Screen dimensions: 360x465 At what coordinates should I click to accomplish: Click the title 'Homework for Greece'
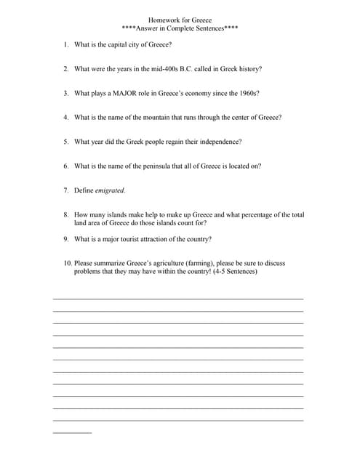[180, 20]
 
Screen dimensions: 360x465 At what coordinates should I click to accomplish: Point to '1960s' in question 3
[249, 93]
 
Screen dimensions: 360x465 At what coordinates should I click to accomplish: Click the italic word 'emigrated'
[110, 190]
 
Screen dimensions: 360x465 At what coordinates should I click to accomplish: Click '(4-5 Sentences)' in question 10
[233, 272]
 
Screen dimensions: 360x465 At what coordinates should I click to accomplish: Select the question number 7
[65, 190]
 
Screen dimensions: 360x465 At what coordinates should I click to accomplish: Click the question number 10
[67, 264]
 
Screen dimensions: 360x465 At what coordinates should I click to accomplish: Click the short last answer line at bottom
[72, 433]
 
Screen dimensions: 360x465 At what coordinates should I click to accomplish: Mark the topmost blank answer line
[178, 299]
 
